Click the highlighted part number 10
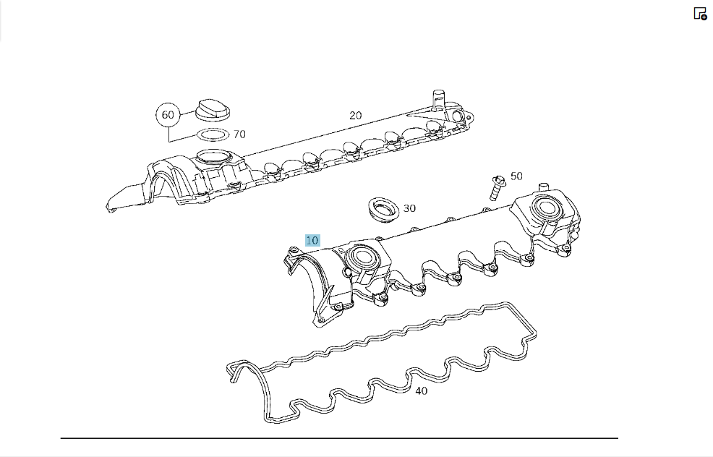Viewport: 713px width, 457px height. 312,240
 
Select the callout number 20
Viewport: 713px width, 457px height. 356,116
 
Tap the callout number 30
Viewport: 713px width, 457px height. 409,208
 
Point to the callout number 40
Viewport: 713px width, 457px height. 421,390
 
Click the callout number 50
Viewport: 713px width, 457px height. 516,176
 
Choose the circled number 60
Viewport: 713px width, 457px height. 168,114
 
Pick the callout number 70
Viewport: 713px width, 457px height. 239,134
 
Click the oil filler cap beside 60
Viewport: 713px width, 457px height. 213,110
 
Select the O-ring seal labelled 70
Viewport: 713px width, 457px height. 213,135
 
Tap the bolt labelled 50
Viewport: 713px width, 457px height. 497,187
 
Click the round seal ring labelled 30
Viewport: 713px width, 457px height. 383,210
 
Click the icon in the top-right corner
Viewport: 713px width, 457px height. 700,14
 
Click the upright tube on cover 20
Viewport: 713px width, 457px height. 438,100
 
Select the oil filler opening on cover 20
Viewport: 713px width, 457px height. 214,158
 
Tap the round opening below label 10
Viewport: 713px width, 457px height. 363,258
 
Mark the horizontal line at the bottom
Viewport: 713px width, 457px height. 339,438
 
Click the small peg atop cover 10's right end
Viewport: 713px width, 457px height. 543,188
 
